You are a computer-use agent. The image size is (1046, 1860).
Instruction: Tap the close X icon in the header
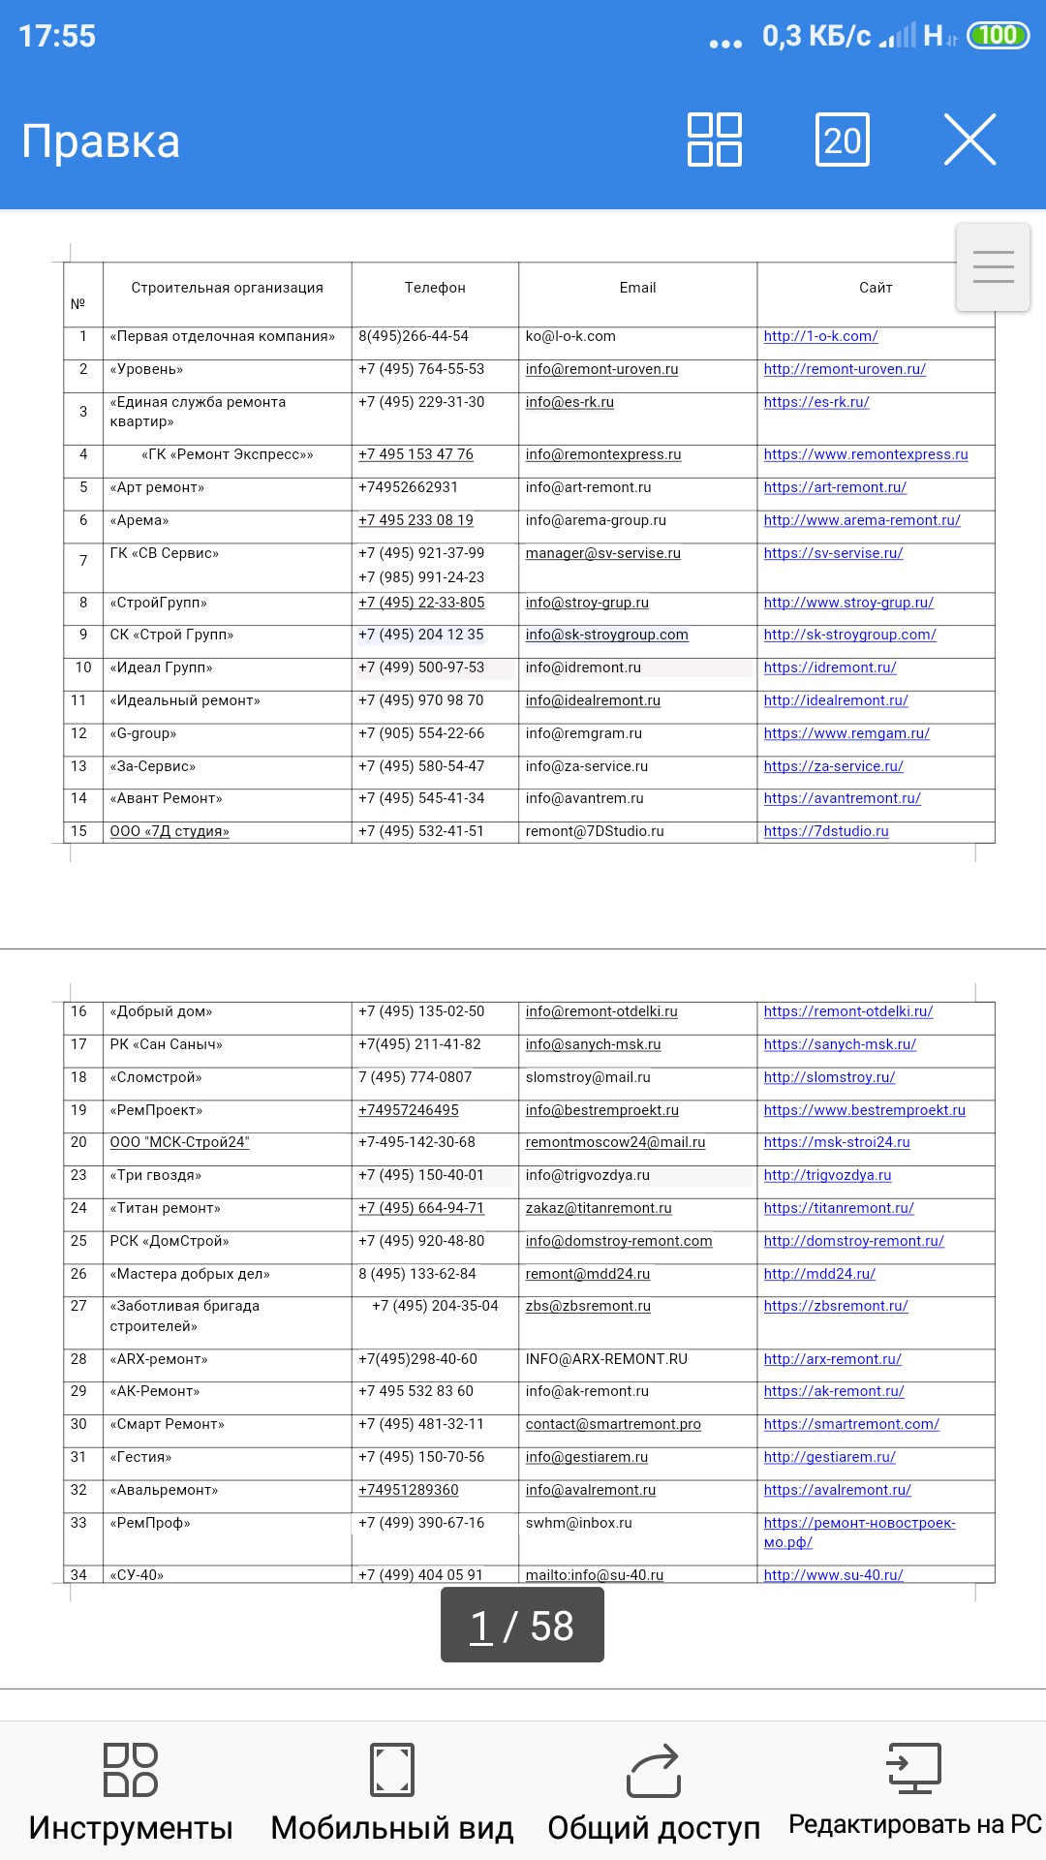(x=969, y=140)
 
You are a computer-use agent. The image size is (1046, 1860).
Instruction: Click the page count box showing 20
(x=843, y=140)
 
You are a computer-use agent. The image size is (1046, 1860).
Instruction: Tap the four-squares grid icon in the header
(x=715, y=140)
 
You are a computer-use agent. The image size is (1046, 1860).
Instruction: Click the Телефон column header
(x=435, y=288)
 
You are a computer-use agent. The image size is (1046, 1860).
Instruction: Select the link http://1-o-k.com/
(x=820, y=336)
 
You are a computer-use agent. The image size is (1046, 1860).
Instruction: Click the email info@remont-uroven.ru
(x=601, y=369)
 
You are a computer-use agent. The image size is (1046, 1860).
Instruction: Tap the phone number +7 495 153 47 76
(x=415, y=454)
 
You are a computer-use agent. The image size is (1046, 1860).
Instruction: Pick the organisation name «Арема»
(x=139, y=520)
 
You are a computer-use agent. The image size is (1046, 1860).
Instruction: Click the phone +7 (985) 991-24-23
(x=421, y=577)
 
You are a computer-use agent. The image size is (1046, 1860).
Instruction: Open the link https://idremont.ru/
(x=830, y=667)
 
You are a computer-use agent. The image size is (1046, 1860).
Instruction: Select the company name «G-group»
(x=143, y=733)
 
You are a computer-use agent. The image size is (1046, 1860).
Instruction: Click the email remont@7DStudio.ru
(x=595, y=831)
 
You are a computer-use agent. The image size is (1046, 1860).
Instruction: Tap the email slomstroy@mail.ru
(x=588, y=1077)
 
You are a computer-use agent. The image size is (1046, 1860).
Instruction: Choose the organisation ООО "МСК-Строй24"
(x=179, y=1142)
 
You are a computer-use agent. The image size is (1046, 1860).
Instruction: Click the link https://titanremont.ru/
(x=839, y=1208)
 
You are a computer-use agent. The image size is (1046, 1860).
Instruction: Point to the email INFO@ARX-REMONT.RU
(x=606, y=1359)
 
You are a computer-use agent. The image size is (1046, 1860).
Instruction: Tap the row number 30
(x=78, y=1424)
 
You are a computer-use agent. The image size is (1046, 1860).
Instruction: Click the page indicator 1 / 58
(x=522, y=1626)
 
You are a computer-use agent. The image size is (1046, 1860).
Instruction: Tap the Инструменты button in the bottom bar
(x=131, y=1792)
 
